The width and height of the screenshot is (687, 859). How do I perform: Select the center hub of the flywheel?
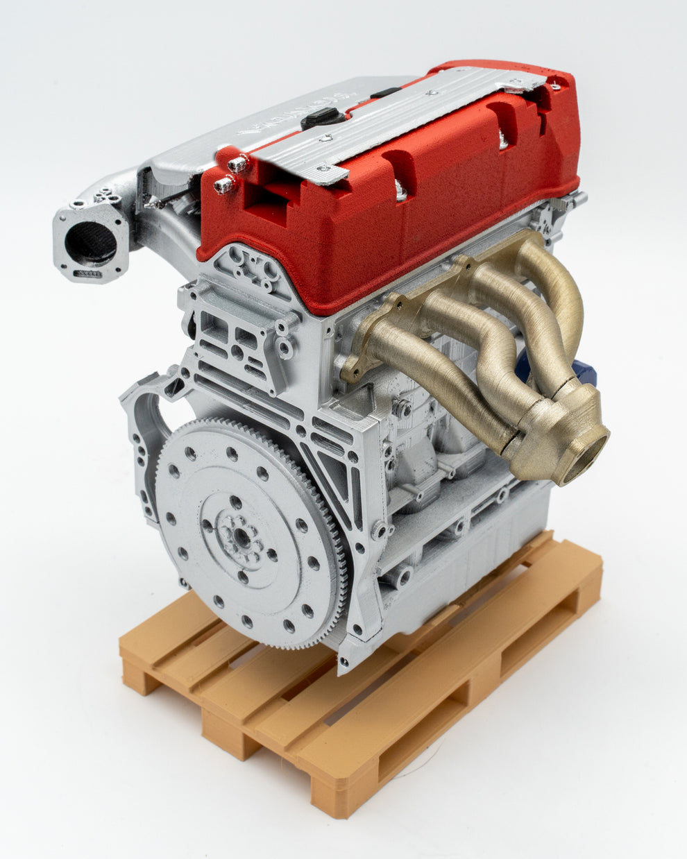click(240, 535)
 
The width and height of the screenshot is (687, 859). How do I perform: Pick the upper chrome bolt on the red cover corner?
click(238, 164)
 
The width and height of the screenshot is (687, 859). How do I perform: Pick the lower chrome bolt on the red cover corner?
click(224, 185)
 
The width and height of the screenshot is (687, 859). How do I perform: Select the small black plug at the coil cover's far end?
click(386, 92)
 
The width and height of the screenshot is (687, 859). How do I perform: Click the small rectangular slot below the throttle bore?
click(88, 275)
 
